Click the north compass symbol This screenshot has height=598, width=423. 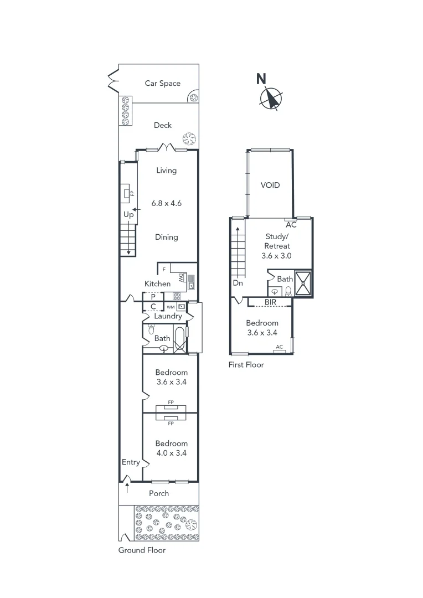[x=271, y=98]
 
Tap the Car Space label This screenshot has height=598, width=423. [x=162, y=83]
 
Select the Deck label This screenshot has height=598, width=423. [x=162, y=125]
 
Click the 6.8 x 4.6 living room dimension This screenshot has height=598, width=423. [x=166, y=203]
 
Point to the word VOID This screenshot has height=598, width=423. [x=270, y=185]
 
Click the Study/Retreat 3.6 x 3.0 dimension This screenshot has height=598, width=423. [x=277, y=256]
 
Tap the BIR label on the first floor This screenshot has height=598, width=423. [x=271, y=302]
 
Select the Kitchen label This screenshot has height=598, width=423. [x=157, y=284]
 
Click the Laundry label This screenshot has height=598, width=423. [x=168, y=316]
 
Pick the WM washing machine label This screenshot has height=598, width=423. [x=170, y=307]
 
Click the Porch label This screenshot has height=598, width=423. [x=159, y=493]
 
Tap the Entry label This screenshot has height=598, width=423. [x=131, y=462]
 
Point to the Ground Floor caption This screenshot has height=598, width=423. [x=142, y=550]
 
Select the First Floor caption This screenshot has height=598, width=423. [x=246, y=365]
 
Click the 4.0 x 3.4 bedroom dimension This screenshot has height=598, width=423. [x=171, y=453]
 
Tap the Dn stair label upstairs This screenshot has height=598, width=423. [x=238, y=282]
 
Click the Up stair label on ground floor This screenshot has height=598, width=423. [x=128, y=214]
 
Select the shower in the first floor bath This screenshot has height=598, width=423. [x=303, y=283]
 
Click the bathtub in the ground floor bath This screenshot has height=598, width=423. [x=180, y=338]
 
